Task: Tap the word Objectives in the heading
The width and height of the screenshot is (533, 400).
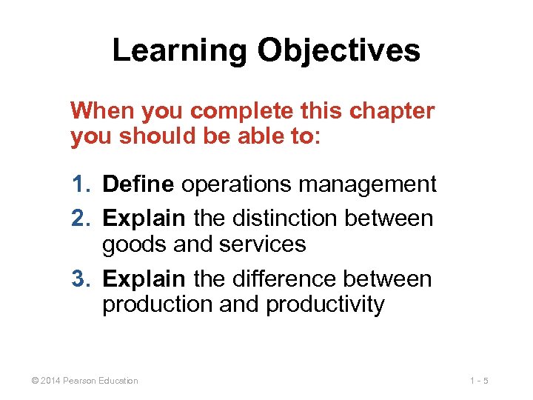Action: (x=339, y=51)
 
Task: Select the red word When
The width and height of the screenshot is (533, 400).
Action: (x=101, y=111)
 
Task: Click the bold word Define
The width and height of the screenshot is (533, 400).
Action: (x=138, y=184)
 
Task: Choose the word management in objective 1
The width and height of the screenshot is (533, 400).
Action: (x=372, y=184)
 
